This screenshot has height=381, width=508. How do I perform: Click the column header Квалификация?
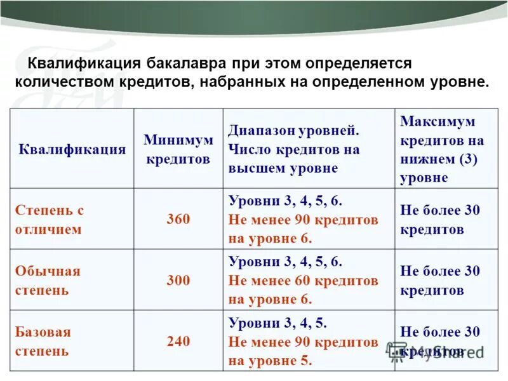(x=72, y=149)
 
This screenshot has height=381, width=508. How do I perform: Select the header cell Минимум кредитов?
(x=178, y=149)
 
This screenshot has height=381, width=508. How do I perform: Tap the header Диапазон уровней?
(x=294, y=131)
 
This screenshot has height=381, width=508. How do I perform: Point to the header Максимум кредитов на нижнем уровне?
(x=442, y=149)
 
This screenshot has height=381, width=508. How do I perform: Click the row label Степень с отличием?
(x=50, y=219)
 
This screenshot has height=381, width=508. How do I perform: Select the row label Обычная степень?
(x=48, y=280)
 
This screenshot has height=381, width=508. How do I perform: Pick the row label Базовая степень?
(x=43, y=341)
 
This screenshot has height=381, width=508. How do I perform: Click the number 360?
(x=178, y=219)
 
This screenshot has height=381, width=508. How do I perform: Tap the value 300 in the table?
(x=178, y=280)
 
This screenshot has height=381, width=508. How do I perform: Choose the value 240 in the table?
(x=178, y=341)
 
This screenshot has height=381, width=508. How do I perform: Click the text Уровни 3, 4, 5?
(x=277, y=323)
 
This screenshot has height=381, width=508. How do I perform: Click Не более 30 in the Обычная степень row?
(x=440, y=271)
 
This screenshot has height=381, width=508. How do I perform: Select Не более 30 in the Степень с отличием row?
(x=440, y=210)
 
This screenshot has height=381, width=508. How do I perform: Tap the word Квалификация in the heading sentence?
(x=84, y=63)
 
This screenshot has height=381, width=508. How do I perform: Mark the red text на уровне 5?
(x=270, y=361)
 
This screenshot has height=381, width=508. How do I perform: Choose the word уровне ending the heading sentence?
(x=457, y=83)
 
